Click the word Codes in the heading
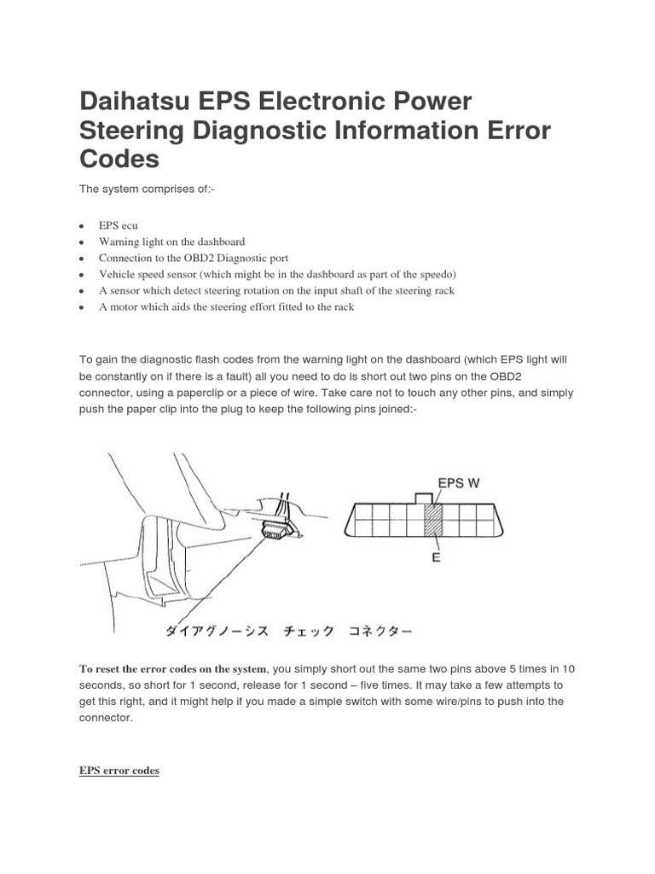tap(119, 160)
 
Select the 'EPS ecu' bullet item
tap(118, 226)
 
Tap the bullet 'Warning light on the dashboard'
tap(171, 242)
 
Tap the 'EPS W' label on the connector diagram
tap(458, 482)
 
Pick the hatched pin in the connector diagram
tap(434, 520)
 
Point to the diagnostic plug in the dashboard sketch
tap(275, 527)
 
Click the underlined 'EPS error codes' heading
tap(119, 771)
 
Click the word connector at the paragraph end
tap(106, 718)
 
